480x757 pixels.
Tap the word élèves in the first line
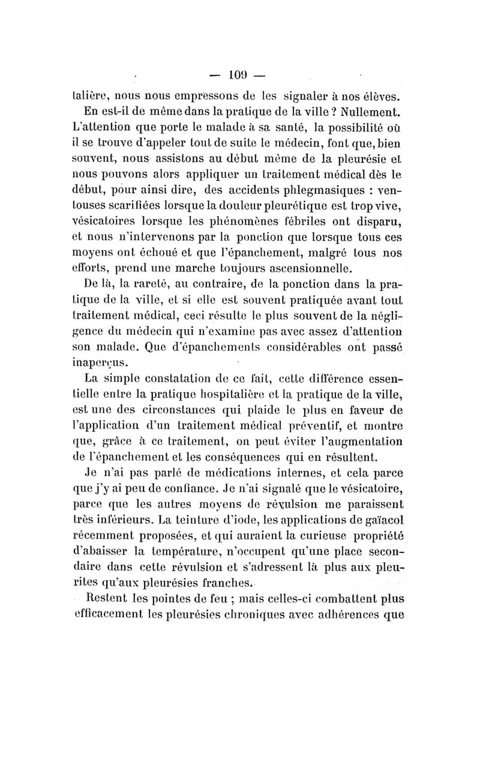(379, 95)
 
